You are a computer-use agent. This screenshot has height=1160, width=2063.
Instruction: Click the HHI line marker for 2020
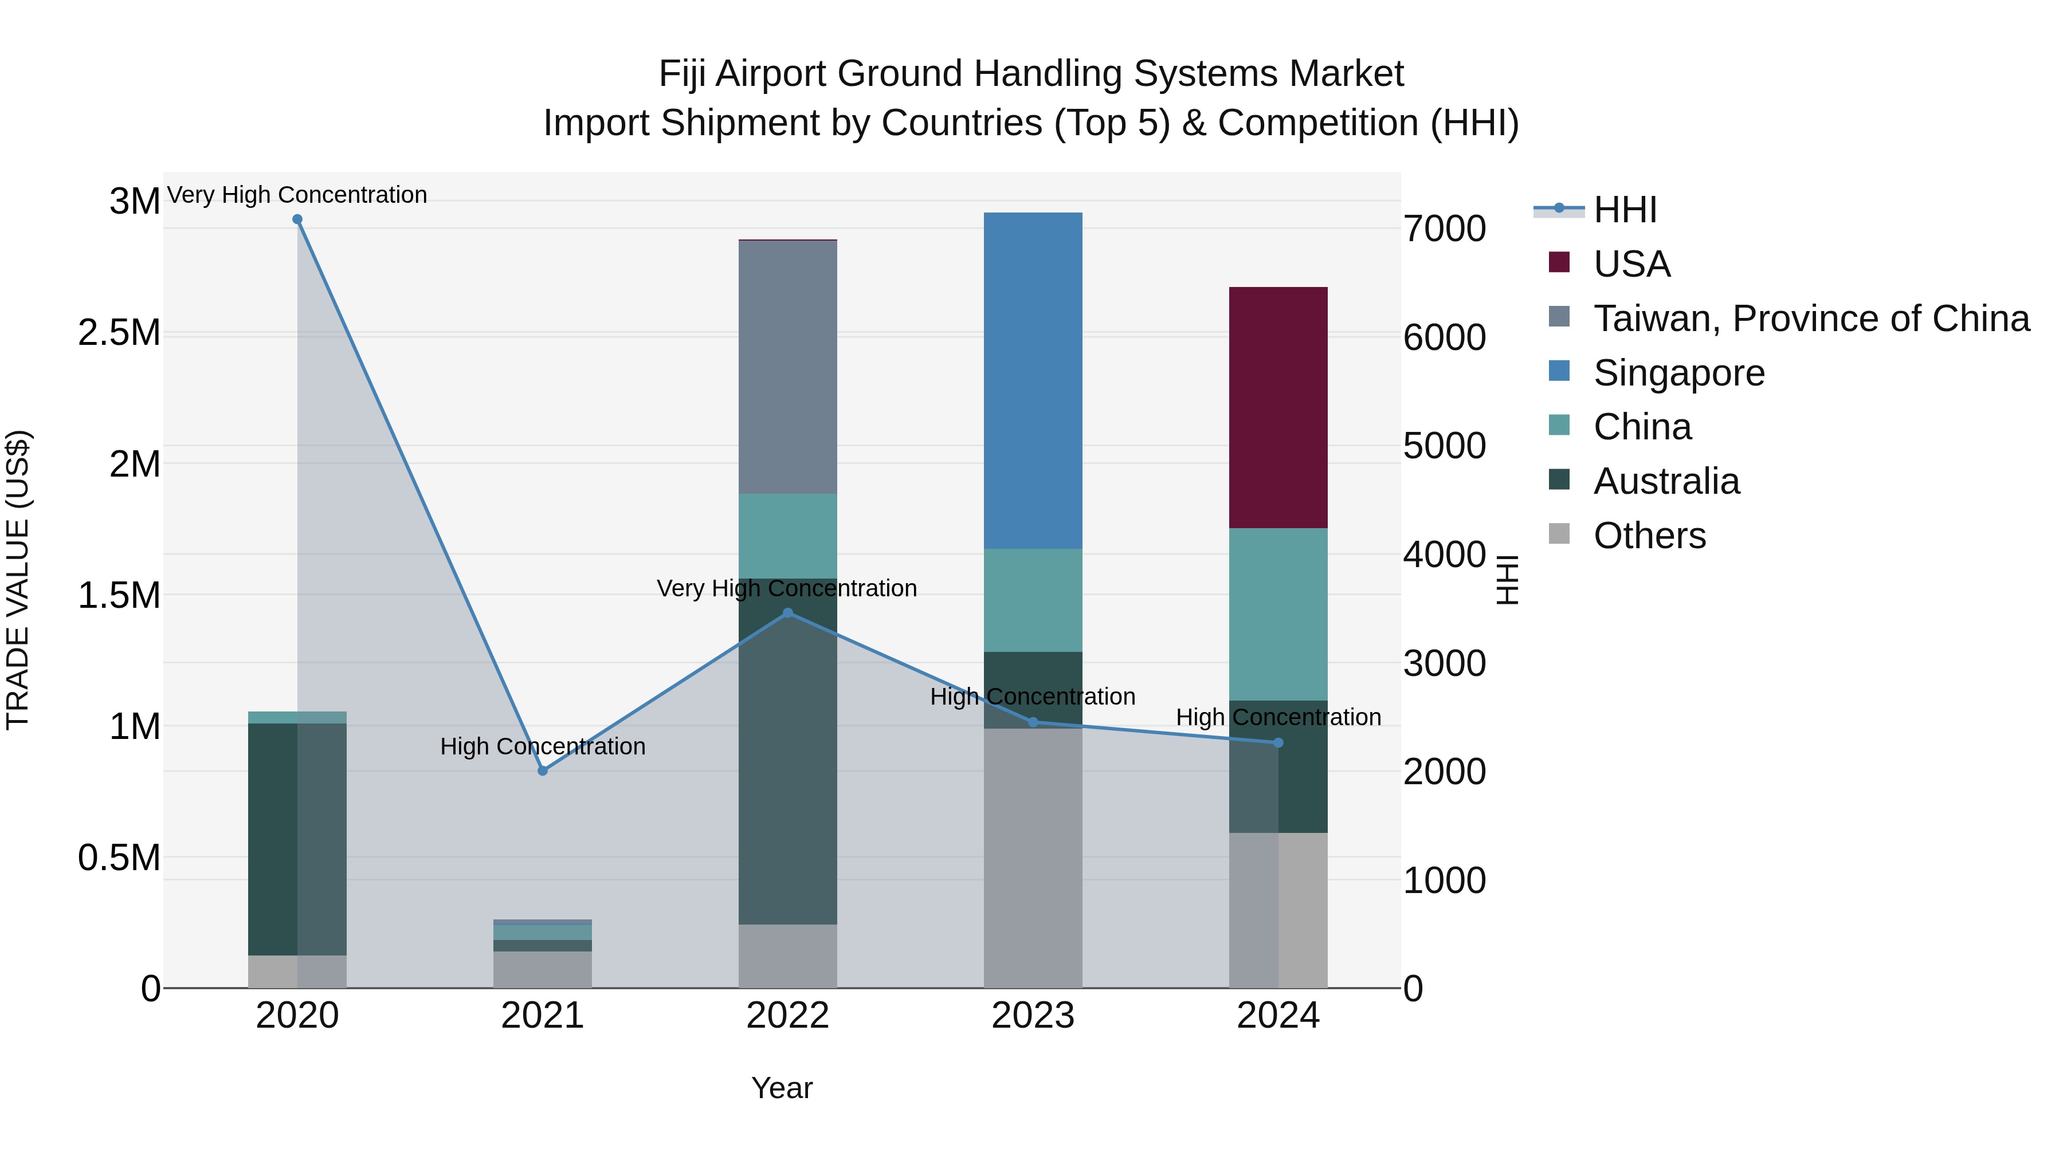click(297, 219)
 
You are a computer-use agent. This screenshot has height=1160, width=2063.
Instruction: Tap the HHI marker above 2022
click(787, 613)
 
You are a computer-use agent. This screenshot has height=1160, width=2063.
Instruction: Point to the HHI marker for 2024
click(1278, 743)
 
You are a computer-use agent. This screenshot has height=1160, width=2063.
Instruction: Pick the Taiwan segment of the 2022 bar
click(787, 367)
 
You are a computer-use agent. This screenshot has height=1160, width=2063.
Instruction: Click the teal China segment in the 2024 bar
click(1278, 614)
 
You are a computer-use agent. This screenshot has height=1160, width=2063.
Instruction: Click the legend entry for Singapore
click(1678, 373)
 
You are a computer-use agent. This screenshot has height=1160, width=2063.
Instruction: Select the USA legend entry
click(1631, 264)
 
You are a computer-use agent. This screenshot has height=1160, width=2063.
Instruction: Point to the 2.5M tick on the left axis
click(119, 333)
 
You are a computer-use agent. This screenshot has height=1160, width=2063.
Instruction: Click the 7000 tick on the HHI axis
click(1445, 229)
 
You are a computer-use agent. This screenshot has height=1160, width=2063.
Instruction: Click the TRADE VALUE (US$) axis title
click(18, 580)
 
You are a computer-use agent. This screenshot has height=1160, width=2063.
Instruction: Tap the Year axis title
click(782, 1088)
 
